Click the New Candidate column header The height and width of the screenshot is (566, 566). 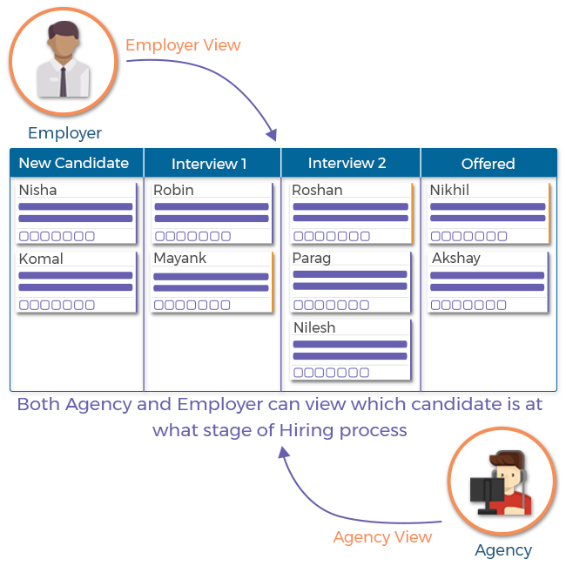coord(74,163)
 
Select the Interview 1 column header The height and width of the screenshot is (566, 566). coord(209,164)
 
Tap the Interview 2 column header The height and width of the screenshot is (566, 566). coord(347,163)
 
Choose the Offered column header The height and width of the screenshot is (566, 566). coord(488,164)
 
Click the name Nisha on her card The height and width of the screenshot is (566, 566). coord(38,190)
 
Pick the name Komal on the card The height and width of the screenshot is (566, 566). coord(41,259)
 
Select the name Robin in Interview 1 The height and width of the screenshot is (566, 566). coord(173,190)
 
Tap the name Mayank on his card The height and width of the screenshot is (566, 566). coord(180,259)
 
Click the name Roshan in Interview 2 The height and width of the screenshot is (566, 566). coord(317,190)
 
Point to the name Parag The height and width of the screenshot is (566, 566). coord(312,259)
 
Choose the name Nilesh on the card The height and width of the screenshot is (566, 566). coord(314,327)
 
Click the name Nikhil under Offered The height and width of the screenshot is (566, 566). coord(450,190)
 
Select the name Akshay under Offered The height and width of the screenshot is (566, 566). coord(456,259)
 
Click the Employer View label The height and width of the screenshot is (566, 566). coord(183,45)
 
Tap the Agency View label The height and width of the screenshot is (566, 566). coord(382,537)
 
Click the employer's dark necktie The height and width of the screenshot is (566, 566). coord(64,82)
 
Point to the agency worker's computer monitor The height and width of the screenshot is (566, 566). coord(488,490)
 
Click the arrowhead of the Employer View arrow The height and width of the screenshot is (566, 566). coord(273,135)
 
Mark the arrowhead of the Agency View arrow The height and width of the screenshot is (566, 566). coord(284,452)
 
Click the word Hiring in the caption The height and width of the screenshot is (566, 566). coord(307,431)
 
